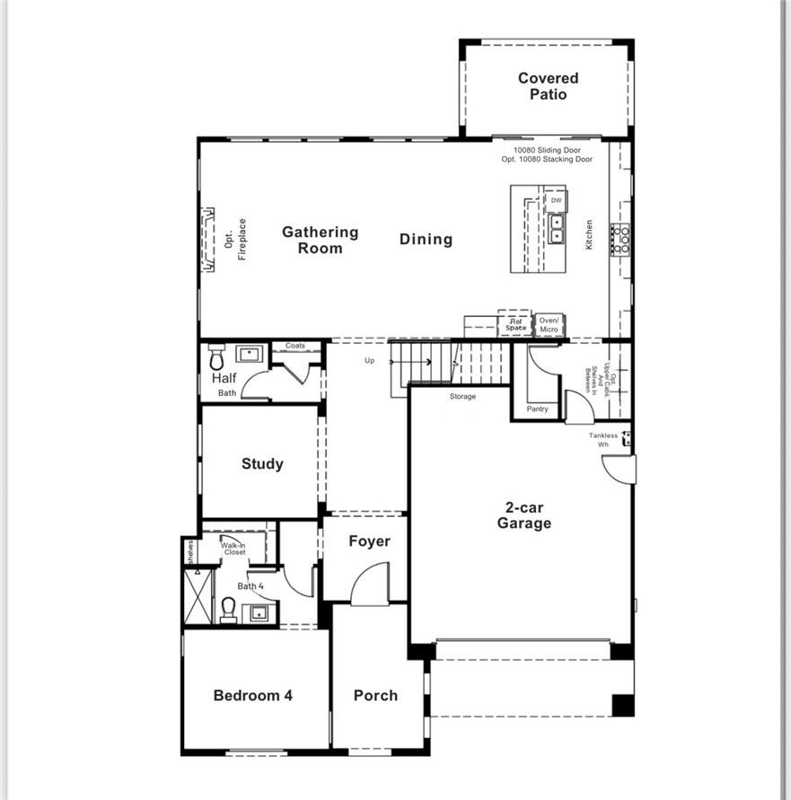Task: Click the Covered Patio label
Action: click(548, 86)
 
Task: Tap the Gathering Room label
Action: click(320, 240)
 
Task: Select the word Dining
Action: click(426, 239)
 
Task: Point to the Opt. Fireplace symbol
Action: click(207, 239)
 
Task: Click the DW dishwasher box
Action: click(556, 200)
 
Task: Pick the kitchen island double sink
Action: click(557, 229)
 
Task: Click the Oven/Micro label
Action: click(549, 325)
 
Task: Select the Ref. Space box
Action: click(515, 324)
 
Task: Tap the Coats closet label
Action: click(295, 346)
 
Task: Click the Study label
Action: click(262, 464)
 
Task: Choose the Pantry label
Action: click(537, 409)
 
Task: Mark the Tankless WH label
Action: click(604, 439)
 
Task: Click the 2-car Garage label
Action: click(524, 515)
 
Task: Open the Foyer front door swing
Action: click(370, 585)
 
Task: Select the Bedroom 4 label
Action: click(253, 695)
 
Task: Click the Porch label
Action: click(375, 695)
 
